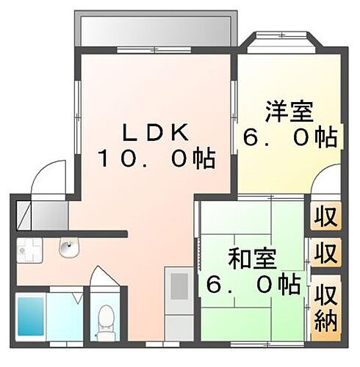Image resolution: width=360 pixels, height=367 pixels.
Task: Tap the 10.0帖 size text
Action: point(156,158)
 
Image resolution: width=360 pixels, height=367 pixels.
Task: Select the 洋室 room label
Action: point(289,113)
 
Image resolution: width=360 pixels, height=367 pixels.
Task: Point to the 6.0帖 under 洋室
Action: point(289,137)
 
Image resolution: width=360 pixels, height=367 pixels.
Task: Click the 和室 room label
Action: point(252,258)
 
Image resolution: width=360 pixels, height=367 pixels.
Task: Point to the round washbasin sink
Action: point(68,250)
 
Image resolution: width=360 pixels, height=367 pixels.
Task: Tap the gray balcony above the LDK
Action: point(154,31)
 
